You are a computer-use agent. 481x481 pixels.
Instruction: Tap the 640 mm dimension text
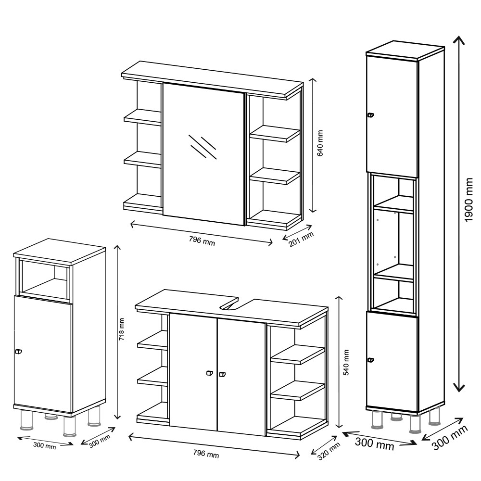click(x=320, y=143)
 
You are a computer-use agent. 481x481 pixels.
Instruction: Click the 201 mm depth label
click(x=301, y=239)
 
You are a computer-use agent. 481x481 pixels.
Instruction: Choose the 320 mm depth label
click(x=329, y=451)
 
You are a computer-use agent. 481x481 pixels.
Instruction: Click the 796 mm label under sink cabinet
click(x=206, y=453)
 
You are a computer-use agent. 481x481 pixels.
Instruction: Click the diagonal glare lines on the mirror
click(x=203, y=147)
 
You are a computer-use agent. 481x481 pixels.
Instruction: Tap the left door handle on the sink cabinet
click(x=210, y=373)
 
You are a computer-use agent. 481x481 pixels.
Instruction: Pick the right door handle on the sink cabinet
click(x=222, y=374)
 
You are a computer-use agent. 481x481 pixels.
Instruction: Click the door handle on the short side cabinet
click(x=19, y=352)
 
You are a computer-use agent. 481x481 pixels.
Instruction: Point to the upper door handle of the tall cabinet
click(x=371, y=115)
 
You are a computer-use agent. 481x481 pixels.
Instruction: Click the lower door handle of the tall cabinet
click(x=371, y=360)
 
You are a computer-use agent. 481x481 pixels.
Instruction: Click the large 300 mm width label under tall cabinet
click(x=375, y=444)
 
